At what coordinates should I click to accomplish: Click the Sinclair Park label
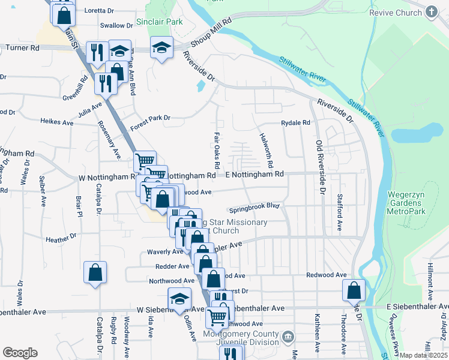(x=159, y=22)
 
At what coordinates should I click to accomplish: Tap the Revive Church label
(x=402, y=12)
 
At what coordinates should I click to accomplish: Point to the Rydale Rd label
(x=296, y=123)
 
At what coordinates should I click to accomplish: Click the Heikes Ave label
(x=56, y=122)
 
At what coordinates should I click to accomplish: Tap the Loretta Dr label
(x=100, y=11)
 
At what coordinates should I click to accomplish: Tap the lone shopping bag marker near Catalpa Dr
(x=95, y=272)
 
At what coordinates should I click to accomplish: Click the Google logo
(x=20, y=353)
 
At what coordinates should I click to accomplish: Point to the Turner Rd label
(x=19, y=47)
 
